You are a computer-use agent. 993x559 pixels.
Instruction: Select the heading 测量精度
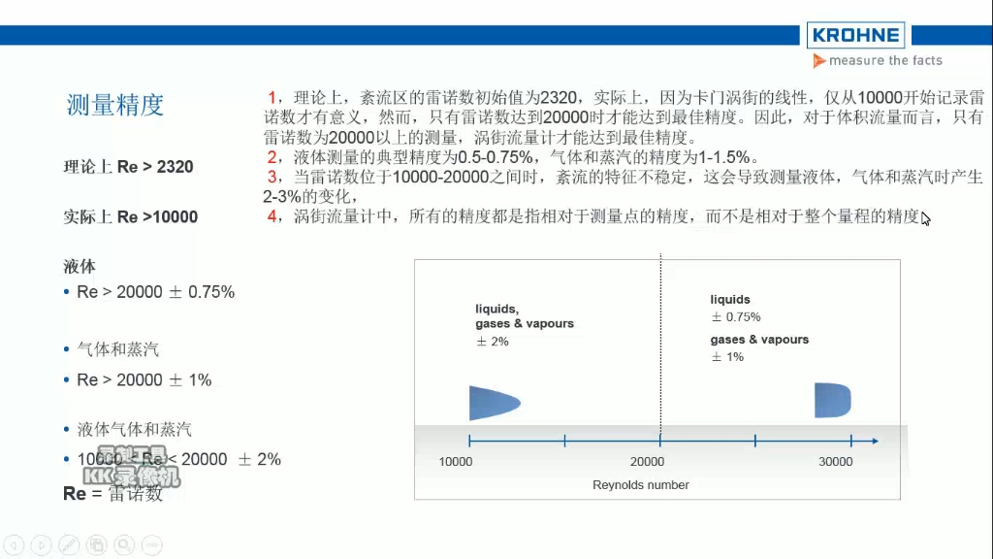click(115, 105)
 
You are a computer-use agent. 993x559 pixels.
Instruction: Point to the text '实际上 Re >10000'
click(130, 216)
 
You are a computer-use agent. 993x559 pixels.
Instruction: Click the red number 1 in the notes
click(273, 97)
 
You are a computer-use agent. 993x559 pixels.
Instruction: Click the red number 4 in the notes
click(273, 215)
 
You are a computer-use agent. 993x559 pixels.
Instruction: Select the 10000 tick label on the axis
click(456, 462)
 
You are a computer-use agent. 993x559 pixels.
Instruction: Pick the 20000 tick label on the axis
click(647, 462)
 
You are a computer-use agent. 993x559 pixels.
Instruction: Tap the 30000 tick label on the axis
click(836, 462)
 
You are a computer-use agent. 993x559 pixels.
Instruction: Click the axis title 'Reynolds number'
click(641, 485)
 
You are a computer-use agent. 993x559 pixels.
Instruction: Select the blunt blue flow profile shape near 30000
click(832, 400)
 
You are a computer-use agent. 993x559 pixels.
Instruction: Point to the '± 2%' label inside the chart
click(492, 342)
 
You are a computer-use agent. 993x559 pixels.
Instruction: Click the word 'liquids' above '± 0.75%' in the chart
click(730, 300)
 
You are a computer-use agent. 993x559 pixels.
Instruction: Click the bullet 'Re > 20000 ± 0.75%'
click(155, 292)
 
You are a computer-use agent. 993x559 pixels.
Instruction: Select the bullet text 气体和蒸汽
click(118, 348)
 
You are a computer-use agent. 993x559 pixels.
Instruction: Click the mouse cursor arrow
click(926, 218)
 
